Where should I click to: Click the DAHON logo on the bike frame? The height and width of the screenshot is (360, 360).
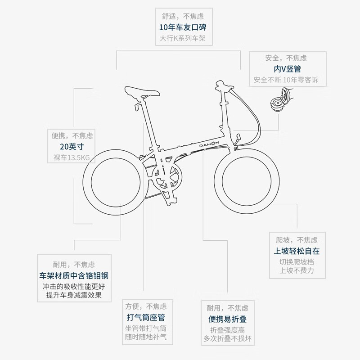[209, 144]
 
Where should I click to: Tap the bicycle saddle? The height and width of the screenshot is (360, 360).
[142, 92]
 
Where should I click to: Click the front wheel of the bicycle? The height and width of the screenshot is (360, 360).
[247, 181]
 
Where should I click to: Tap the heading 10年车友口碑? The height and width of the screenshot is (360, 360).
[183, 27]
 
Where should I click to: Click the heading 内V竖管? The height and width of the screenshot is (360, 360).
[287, 69]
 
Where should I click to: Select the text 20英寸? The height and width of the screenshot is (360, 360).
[72, 147]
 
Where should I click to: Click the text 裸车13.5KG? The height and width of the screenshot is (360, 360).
[72, 157]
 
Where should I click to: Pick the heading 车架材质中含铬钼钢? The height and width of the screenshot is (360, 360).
[74, 275]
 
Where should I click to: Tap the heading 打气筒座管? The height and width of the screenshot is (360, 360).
[146, 318]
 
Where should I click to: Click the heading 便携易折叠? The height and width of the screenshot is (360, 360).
[228, 319]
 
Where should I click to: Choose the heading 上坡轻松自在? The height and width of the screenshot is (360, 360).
[297, 251]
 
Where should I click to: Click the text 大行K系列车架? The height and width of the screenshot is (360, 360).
[183, 38]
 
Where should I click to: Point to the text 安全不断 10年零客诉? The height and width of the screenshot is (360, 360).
[286, 80]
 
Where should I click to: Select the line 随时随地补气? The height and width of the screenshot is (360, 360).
[146, 337]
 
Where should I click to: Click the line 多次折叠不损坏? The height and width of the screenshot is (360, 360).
[228, 338]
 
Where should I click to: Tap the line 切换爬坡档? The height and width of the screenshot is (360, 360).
[297, 262]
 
